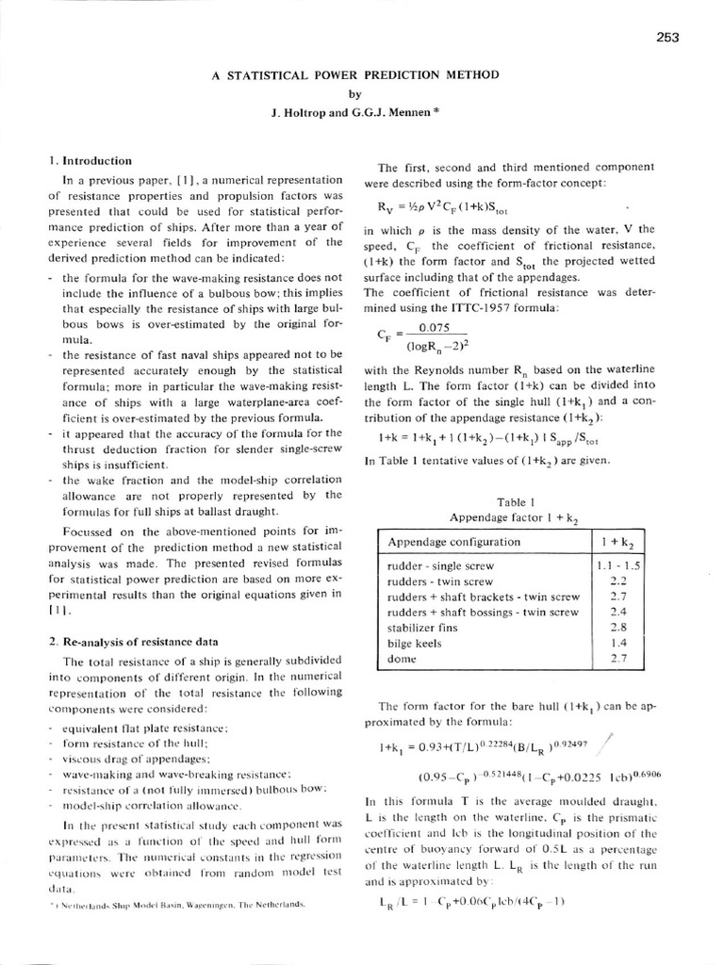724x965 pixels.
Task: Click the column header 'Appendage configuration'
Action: pyautogui.click(x=453, y=542)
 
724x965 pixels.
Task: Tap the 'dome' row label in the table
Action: pyautogui.click(x=402, y=659)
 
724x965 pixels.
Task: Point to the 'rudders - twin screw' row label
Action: pyautogui.click(x=440, y=581)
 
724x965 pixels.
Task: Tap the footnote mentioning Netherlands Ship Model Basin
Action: pyautogui.click(x=179, y=903)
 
